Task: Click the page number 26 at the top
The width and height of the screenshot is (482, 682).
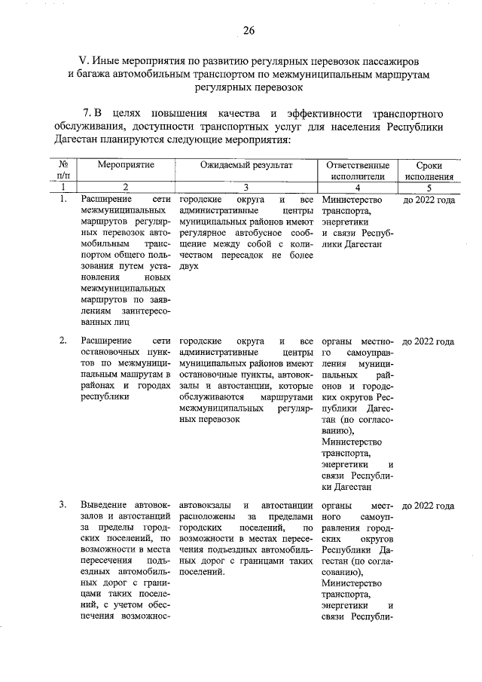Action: coord(249,30)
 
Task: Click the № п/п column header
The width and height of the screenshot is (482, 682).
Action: coord(63,170)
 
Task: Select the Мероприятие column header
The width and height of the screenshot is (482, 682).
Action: coord(126,164)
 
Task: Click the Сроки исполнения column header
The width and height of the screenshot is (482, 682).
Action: coord(429,170)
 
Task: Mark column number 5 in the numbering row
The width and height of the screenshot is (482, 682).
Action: coord(429,187)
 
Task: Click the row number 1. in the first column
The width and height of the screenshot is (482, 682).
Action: coord(63,200)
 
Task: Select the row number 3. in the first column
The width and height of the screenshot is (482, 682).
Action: coord(63,504)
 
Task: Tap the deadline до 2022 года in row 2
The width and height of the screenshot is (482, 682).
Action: coord(429,341)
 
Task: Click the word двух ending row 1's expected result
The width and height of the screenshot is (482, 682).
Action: coord(189,266)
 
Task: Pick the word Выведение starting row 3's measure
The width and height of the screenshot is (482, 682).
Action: coord(104,504)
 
